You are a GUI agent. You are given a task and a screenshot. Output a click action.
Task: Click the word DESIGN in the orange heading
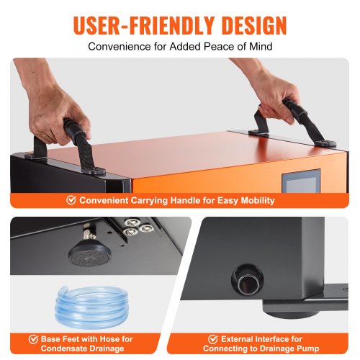coord(254,25)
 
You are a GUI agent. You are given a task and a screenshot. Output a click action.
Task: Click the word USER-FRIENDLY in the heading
coord(143,25)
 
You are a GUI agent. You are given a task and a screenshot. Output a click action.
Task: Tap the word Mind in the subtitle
coord(261,46)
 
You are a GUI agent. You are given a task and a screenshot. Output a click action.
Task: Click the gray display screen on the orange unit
coord(301,181)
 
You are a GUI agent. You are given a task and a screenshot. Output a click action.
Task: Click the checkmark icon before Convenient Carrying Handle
coord(71,200)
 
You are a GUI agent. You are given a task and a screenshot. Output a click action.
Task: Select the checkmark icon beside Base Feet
coord(33,339)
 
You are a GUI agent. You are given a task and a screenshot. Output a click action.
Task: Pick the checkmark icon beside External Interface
coord(213,339)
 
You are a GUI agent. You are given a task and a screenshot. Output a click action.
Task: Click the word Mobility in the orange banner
coord(258,200)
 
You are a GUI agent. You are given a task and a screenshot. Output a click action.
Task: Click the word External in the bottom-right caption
coord(237,339)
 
